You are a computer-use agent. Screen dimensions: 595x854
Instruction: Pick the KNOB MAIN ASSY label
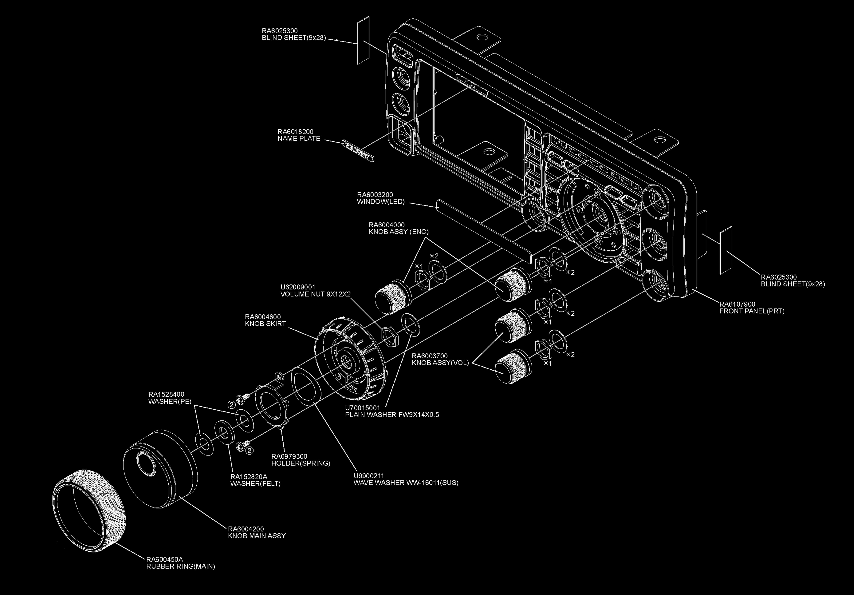[257, 536]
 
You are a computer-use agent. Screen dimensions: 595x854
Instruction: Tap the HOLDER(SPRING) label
[301, 464]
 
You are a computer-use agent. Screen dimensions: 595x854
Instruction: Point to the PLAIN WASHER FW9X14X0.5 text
[392, 415]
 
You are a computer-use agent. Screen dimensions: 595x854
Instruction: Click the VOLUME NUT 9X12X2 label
[315, 294]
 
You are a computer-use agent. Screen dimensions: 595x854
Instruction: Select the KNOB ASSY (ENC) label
[398, 232]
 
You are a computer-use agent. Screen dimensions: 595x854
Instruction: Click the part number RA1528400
[166, 394]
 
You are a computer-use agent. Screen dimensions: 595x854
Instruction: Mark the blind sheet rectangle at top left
[363, 40]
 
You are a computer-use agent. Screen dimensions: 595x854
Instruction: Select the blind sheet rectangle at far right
[726, 250]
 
